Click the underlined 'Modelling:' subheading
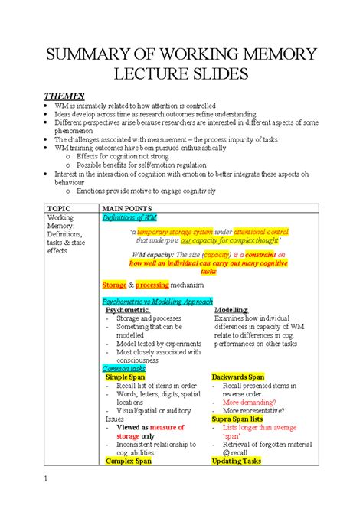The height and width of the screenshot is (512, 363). tap(231, 310)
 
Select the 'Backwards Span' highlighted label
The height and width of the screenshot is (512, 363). tap(237, 377)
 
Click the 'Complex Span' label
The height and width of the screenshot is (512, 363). tap(128, 461)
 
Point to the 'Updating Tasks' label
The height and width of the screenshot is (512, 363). tap(236, 461)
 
